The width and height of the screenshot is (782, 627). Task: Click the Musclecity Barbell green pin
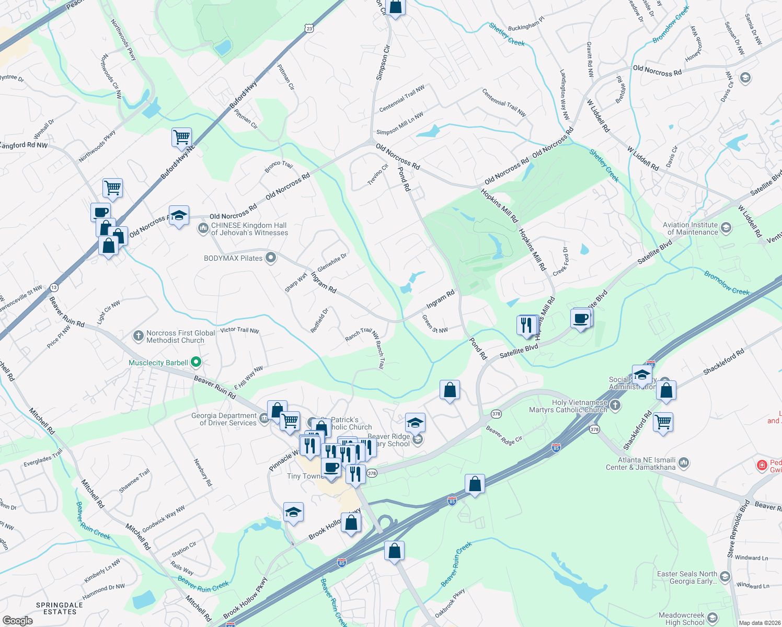[196, 362]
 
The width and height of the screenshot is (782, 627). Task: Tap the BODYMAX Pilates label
[233, 258]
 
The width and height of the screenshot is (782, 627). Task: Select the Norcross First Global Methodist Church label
[180, 336]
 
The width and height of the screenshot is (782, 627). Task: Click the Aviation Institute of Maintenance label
[690, 228]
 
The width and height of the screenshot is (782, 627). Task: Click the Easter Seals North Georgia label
[687, 577]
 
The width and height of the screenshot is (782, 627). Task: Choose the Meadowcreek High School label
[681, 619]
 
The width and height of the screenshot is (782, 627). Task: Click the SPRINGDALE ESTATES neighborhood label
[60, 608]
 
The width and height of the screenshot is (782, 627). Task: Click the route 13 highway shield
[54, 287]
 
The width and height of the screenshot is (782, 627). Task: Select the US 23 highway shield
[309, 29]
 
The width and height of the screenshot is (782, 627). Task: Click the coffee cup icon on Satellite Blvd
[581, 319]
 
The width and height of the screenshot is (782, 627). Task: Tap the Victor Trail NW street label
[239, 330]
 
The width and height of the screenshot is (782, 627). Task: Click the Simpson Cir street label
[383, 63]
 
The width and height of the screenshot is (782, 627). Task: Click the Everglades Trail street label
[43, 458]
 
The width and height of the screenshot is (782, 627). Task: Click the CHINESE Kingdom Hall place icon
[203, 228]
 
